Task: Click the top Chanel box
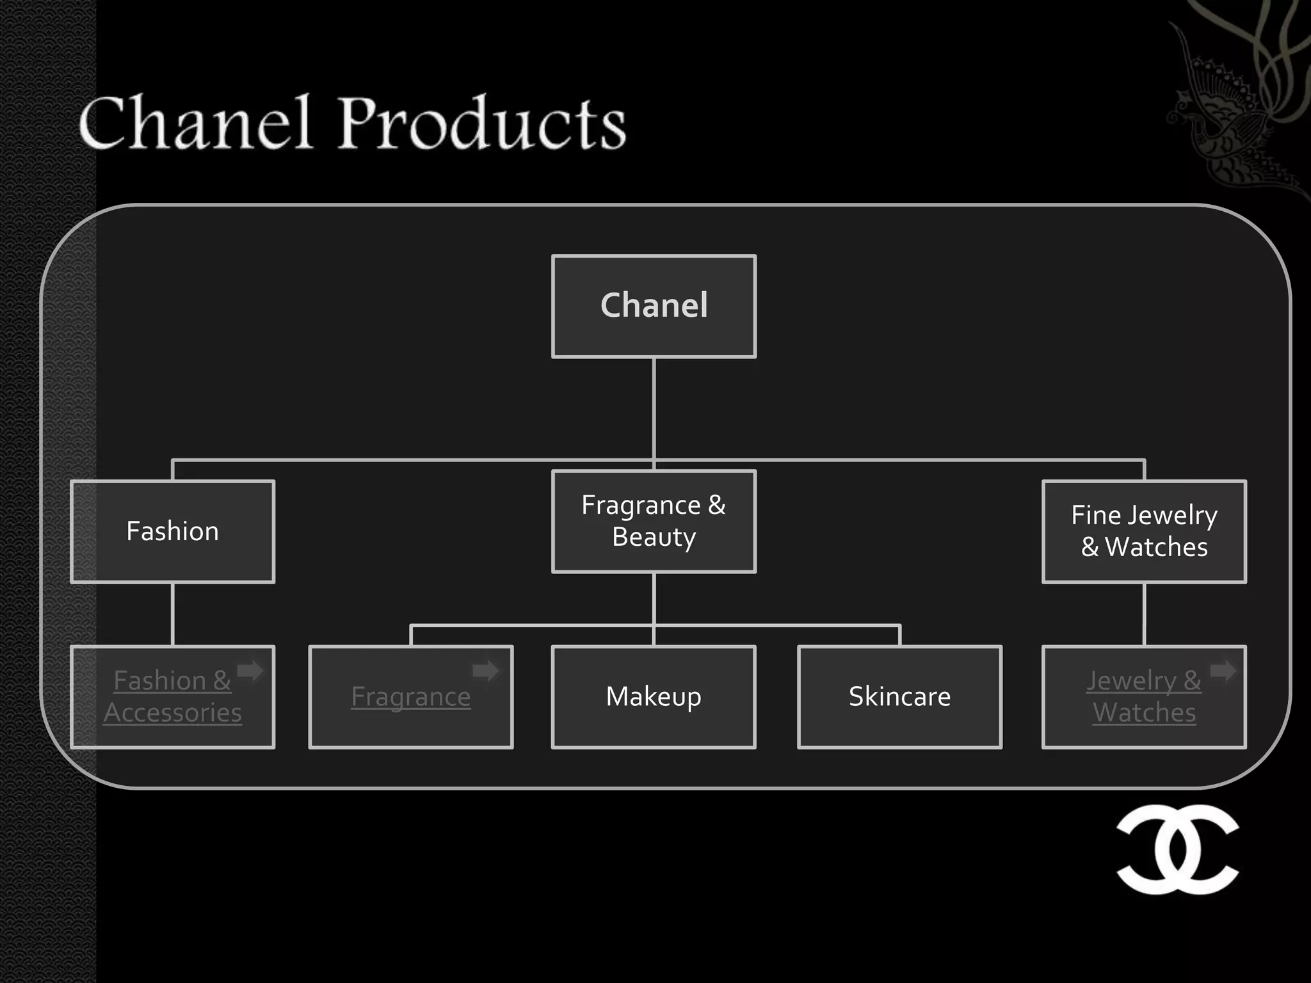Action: [x=654, y=306]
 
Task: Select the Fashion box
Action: [x=172, y=531]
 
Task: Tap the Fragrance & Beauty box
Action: [x=654, y=521]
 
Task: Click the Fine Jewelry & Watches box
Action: [x=1144, y=531]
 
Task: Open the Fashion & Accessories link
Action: [x=172, y=696]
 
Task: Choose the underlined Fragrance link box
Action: [x=410, y=696]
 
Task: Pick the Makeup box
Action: [x=654, y=696]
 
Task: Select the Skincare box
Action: [x=899, y=696]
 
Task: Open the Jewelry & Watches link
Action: [x=1144, y=696]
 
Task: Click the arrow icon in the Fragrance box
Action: [x=486, y=671]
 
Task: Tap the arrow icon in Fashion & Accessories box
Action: [x=250, y=671]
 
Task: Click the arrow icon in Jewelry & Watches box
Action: [x=1223, y=671]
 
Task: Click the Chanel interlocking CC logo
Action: [x=1177, y=849]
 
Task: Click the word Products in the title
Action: [x=481, y=123]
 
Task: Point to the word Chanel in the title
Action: [x=195, y=123]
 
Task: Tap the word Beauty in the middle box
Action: [x=654, y=538]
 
